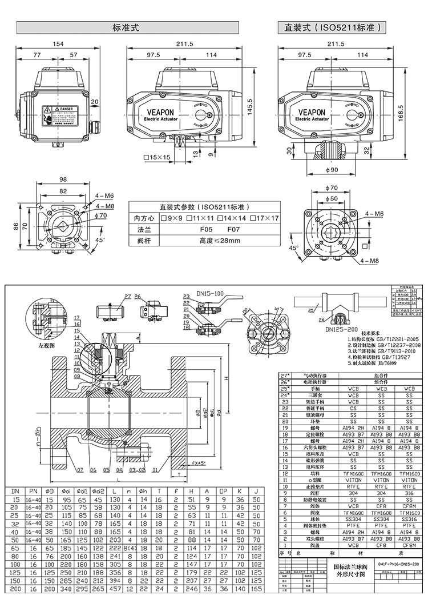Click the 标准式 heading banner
point(127,27)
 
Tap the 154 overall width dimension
point(58,44)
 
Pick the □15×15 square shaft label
point(157,157)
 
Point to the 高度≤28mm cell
point(204,240)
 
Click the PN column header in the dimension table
point(33,491)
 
